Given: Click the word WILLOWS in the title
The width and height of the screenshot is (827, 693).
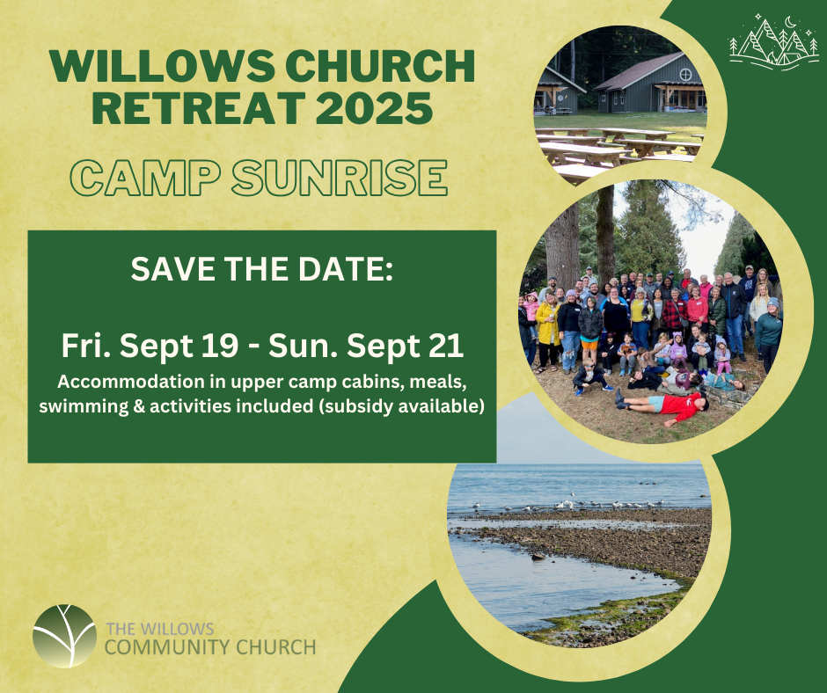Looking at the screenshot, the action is click(162, 66).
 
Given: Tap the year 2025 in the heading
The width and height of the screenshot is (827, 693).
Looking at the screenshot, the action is click(374, 108).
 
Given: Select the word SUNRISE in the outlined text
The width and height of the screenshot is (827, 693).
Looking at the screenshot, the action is click(340, 178).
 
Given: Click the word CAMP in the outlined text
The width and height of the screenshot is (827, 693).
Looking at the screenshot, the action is click(145, 178).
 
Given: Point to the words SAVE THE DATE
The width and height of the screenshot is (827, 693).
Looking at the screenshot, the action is click(262, 269).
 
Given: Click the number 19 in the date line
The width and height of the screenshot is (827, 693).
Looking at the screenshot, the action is click(221, 346).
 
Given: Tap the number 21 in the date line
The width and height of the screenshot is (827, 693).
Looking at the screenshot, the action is click(446, 346).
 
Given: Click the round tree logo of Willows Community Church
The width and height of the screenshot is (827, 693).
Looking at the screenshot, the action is click(64, 636).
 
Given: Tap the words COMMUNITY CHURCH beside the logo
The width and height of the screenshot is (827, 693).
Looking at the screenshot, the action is click(210, 646).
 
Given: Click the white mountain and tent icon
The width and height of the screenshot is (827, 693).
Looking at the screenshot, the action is click(773, 41).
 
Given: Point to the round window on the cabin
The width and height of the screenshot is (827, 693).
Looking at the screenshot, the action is click(685, 75).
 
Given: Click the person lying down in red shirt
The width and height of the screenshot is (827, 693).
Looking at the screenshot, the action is click(662, 406).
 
